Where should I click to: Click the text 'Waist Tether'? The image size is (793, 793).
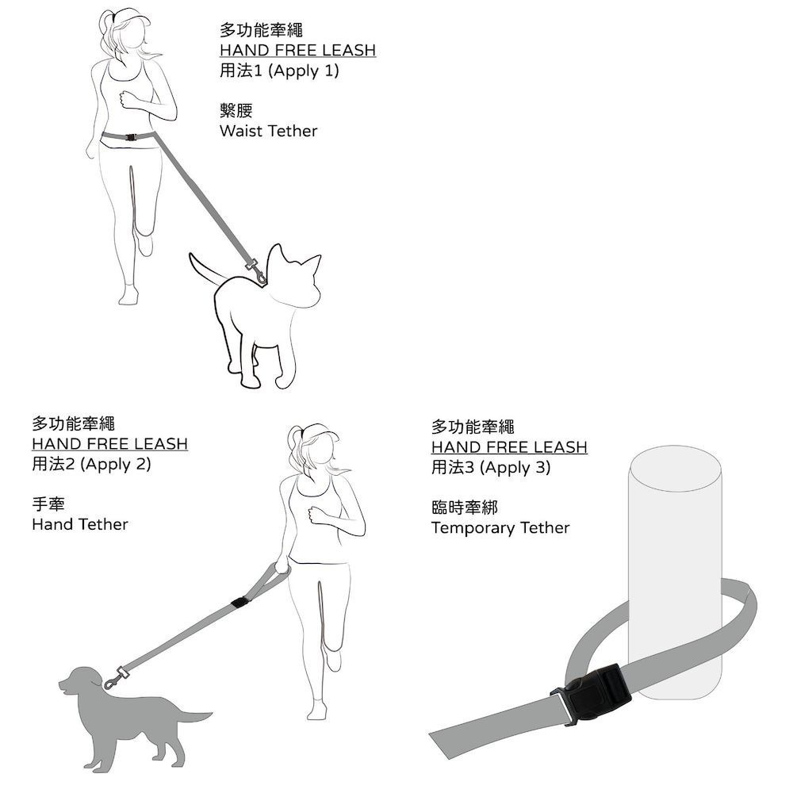pos(268,131)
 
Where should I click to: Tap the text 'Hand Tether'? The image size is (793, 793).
pos(80,524)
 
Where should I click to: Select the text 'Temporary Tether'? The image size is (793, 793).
pos(500,528)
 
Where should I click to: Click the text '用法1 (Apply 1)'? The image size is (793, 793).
pos(279,71)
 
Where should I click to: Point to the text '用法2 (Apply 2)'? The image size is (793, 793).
pos(91,464)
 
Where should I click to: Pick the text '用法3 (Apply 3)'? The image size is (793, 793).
pos(491,468)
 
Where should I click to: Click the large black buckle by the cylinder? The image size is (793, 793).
pos(591,694)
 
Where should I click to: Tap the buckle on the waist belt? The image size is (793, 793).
pos(131,137)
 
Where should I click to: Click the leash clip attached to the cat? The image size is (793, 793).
pos(257,271)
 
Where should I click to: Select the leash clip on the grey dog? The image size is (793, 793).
pos(117,678)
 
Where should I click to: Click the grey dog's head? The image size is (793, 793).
pos(82,682)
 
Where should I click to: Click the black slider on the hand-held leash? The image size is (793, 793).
pos(239,603)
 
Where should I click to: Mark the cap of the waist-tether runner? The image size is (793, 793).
pos(132,18)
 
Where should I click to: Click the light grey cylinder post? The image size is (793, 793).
pos(675,572)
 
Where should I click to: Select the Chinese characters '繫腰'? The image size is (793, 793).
pos(236,110)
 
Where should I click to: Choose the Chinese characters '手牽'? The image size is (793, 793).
pos(48,504)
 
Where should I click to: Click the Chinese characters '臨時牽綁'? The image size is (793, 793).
pos(465,508)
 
